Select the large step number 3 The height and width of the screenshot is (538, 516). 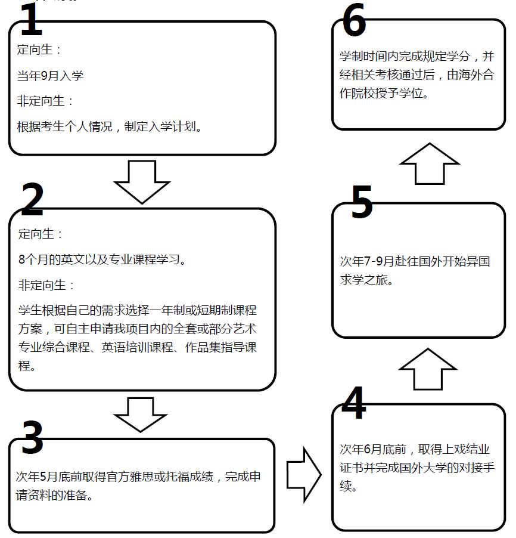32,437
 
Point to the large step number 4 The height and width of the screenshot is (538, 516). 354,403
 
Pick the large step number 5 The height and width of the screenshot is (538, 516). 361,203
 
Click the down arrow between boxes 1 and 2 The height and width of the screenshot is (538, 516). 142,181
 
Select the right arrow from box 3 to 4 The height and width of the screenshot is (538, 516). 304,475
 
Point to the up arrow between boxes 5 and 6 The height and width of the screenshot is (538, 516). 429,163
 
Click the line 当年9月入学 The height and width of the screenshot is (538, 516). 50,76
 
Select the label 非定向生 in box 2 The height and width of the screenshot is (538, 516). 42,285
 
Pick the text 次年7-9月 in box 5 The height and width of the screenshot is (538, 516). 367,261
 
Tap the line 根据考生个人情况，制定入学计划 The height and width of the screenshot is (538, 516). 110,126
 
